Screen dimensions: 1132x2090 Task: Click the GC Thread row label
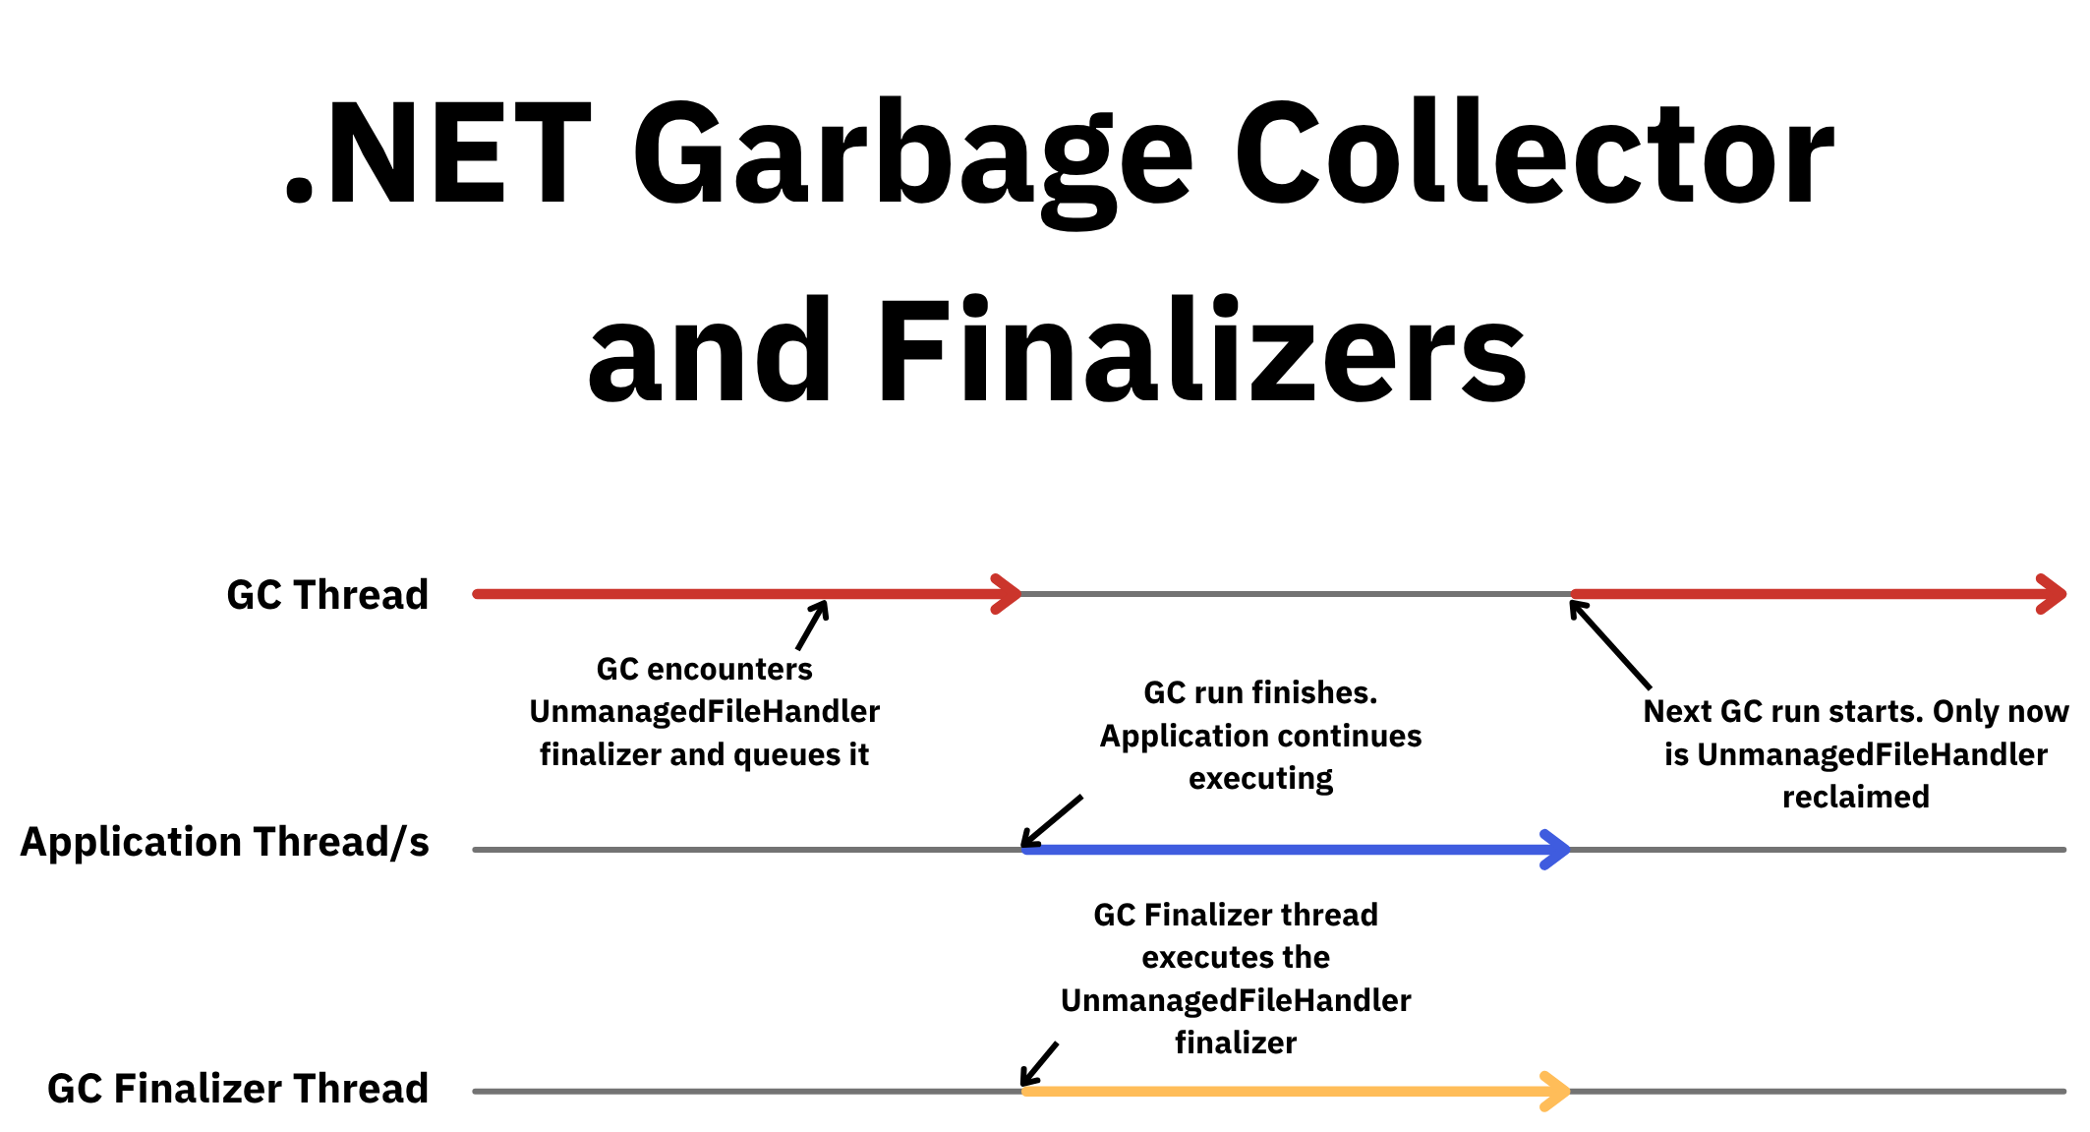(327, 595)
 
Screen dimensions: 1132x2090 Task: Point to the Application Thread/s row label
(225, 842)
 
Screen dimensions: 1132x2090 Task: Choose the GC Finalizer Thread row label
(238, 1089)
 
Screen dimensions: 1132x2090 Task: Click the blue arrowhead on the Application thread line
(1555, 850)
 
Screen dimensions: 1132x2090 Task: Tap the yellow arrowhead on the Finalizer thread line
(1555, 1091)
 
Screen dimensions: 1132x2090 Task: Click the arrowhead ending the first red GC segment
(1008, 594)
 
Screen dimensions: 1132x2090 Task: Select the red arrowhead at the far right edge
(2052, 594)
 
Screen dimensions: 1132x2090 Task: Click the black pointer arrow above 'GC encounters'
(813, 625)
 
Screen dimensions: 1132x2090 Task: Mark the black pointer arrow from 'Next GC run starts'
(1609, 643)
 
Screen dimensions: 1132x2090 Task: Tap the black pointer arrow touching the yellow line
(1038, 1064)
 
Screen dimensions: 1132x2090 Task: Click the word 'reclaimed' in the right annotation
(1856, 797)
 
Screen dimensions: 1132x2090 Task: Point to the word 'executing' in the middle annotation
(1260, 778)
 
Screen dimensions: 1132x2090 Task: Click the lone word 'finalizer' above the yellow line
(1236, 1043)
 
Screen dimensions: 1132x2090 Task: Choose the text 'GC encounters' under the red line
(704, 669)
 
